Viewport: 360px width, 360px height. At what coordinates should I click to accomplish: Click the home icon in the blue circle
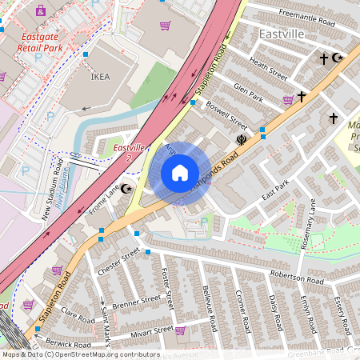coord(180,173)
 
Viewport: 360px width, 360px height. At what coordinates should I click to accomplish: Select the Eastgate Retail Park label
coord(54,41)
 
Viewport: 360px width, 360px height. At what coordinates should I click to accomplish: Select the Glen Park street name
coord(248,91)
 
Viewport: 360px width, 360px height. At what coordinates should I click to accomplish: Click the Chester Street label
coord(118,262)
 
